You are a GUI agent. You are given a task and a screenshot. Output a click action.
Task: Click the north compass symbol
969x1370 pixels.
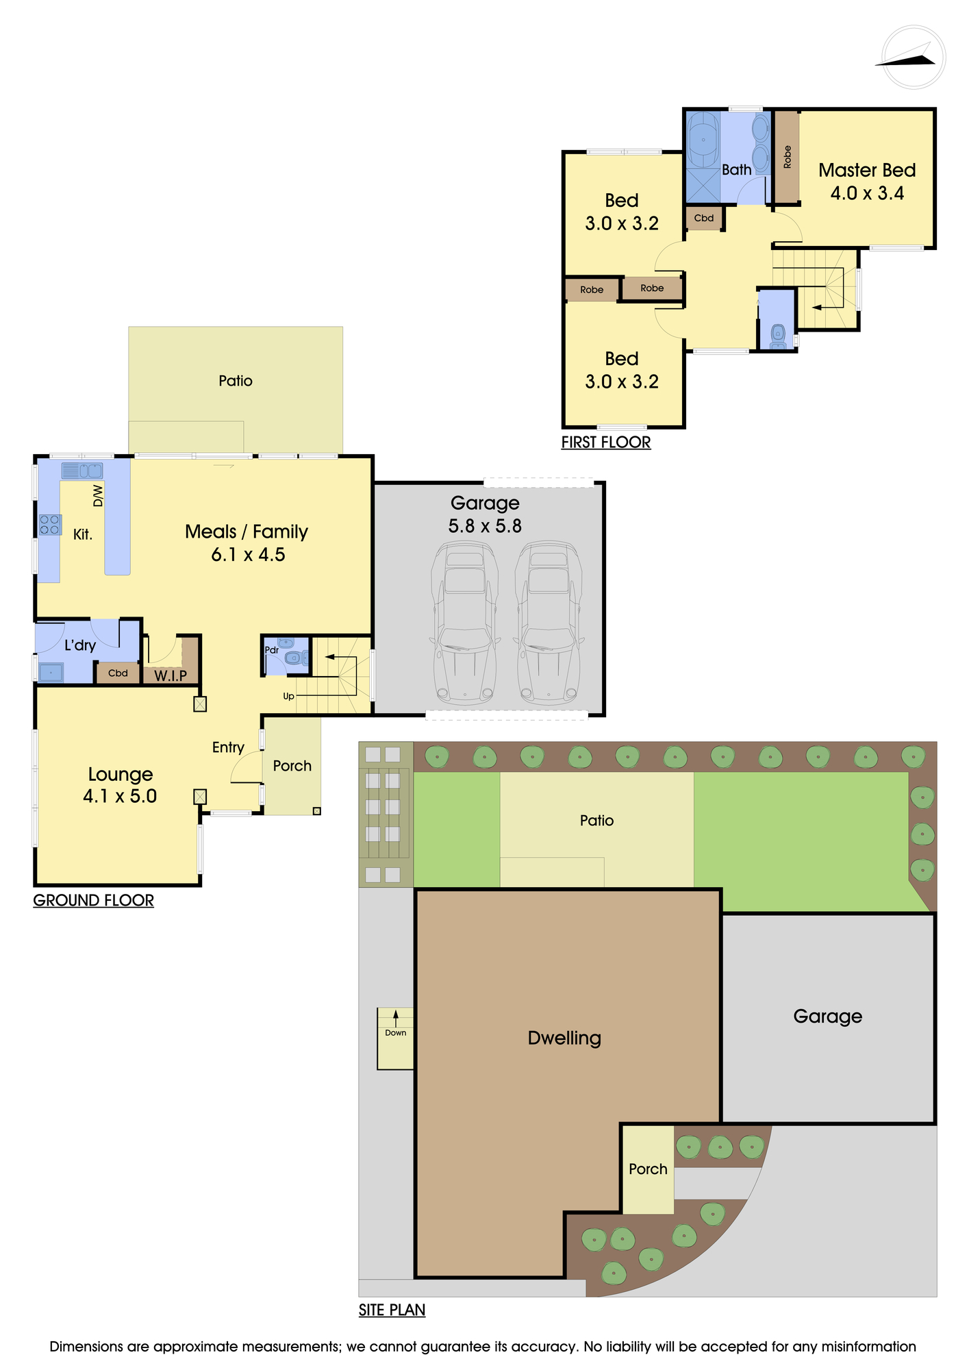coord(914,57)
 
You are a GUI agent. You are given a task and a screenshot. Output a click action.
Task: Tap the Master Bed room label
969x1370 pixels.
coord(867,170)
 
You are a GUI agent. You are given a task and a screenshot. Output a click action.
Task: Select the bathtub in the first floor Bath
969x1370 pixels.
coord(703,140)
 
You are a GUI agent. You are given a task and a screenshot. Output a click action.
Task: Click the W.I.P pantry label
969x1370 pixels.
coord(171,676)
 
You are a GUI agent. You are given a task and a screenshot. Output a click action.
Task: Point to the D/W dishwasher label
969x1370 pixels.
coord(98,495)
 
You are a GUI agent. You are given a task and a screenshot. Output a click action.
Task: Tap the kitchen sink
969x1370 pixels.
coord(82,471)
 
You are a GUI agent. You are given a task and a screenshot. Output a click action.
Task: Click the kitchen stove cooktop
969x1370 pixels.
coord(49,525)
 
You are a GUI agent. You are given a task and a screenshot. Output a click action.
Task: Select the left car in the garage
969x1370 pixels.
coord(465,623)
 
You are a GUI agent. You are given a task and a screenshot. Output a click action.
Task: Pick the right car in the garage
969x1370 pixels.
coord(549,623)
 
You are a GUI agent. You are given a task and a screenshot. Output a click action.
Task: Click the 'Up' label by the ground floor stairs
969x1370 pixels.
coord(289,696)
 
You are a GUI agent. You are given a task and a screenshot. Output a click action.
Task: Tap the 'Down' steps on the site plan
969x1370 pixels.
coord(395,1038)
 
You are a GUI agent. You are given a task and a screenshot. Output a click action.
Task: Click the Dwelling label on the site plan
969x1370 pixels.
coord(564,1038)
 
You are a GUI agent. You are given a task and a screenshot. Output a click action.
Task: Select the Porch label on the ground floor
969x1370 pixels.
coord(292,766)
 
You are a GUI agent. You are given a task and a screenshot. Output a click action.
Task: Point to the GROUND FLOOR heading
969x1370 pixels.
coord(94,900)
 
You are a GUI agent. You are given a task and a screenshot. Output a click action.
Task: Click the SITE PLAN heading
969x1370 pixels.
coord(392,1310)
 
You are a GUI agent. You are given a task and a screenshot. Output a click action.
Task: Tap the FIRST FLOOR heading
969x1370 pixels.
coord(606,443)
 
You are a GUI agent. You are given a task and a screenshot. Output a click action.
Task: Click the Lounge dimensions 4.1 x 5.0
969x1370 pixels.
coord(120,796)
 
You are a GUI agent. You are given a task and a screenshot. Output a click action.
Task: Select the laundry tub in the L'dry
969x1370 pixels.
coord(51,673)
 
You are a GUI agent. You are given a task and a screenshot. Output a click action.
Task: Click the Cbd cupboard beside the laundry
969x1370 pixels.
coord(118,673)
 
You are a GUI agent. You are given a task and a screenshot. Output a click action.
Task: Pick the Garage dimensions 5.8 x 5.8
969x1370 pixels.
coord(485,526)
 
